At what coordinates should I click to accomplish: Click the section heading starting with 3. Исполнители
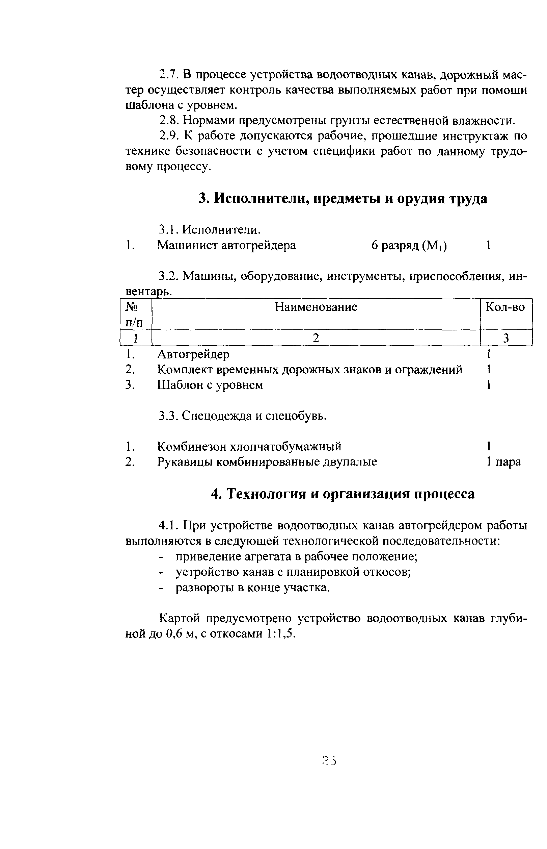(343, 199)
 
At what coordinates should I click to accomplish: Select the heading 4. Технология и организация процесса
(343, 494)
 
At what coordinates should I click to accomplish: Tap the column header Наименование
(316, 306)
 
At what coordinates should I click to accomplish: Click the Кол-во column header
(505, 306)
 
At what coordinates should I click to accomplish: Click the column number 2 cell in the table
(316, 338)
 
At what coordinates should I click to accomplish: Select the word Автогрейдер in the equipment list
(193, 354)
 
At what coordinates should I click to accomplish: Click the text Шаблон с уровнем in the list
(210, 385)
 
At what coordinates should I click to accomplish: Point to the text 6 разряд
(394, 245)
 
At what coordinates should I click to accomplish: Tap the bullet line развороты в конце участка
(252, 588)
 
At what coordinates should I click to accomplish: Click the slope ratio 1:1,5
(279, 634)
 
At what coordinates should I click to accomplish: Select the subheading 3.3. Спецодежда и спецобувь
(242, 415)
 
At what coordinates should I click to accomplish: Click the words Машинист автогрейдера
(226, 245)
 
